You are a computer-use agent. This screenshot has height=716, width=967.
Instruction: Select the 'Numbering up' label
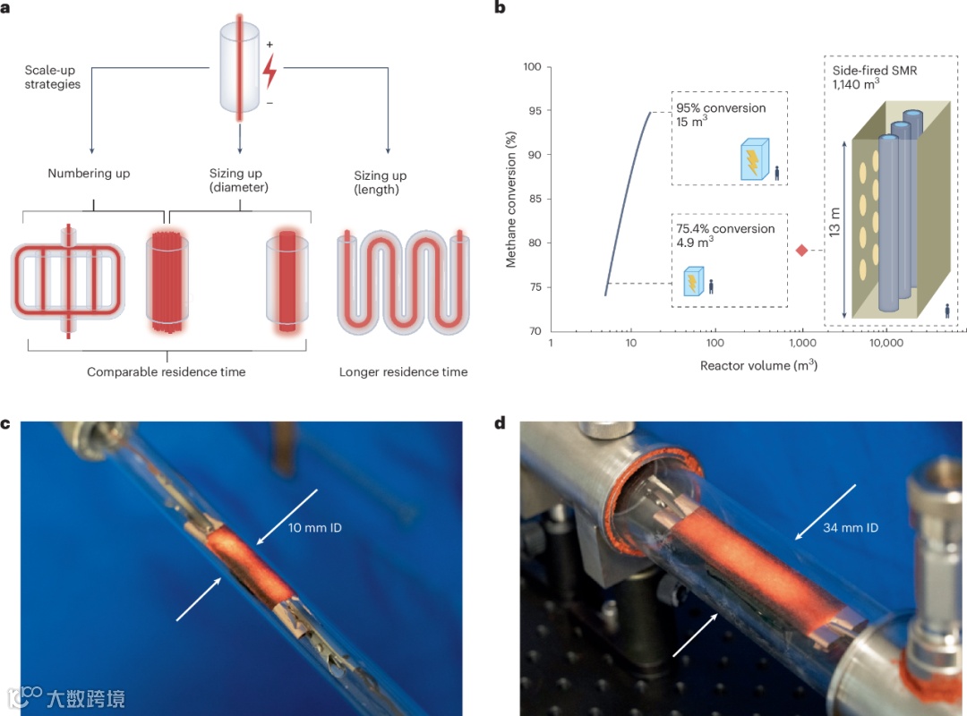(x=89, y=174)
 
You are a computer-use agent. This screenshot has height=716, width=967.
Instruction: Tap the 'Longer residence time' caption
(x=403, y=371)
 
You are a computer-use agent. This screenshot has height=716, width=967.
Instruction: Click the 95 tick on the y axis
(x=532, y=111)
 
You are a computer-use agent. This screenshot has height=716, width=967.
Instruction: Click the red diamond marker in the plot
(x=801, y=251)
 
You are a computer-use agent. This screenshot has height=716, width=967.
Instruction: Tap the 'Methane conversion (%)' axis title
(x=511, y=198)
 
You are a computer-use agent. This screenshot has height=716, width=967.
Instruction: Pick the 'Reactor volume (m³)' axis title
(x=757, y=365)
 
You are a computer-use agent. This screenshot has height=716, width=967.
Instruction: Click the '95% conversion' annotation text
(x=721, y=108)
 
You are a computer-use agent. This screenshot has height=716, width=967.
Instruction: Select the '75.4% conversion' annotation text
(x=725, y=229)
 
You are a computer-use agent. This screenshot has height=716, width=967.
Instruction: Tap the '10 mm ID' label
(x=314, y=528)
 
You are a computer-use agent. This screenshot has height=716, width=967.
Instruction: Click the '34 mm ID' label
(x=851, y=528)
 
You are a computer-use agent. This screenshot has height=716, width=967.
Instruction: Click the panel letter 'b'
(x=500, y=8)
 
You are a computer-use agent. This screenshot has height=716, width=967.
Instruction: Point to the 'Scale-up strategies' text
(x=54, y=77)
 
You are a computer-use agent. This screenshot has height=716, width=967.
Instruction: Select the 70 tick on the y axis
(x=532, y=331)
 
